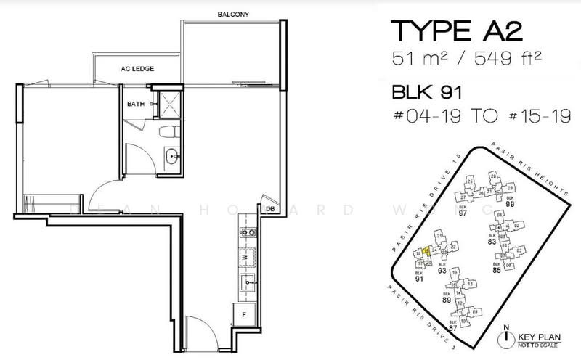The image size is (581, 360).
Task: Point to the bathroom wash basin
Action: pyautogui.click(x=173, y=155)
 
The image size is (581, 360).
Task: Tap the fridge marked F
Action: pyautogui.click(x=245, y=315)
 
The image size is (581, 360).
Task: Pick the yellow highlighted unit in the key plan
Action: pyautogui.click(x=426, y=251)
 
